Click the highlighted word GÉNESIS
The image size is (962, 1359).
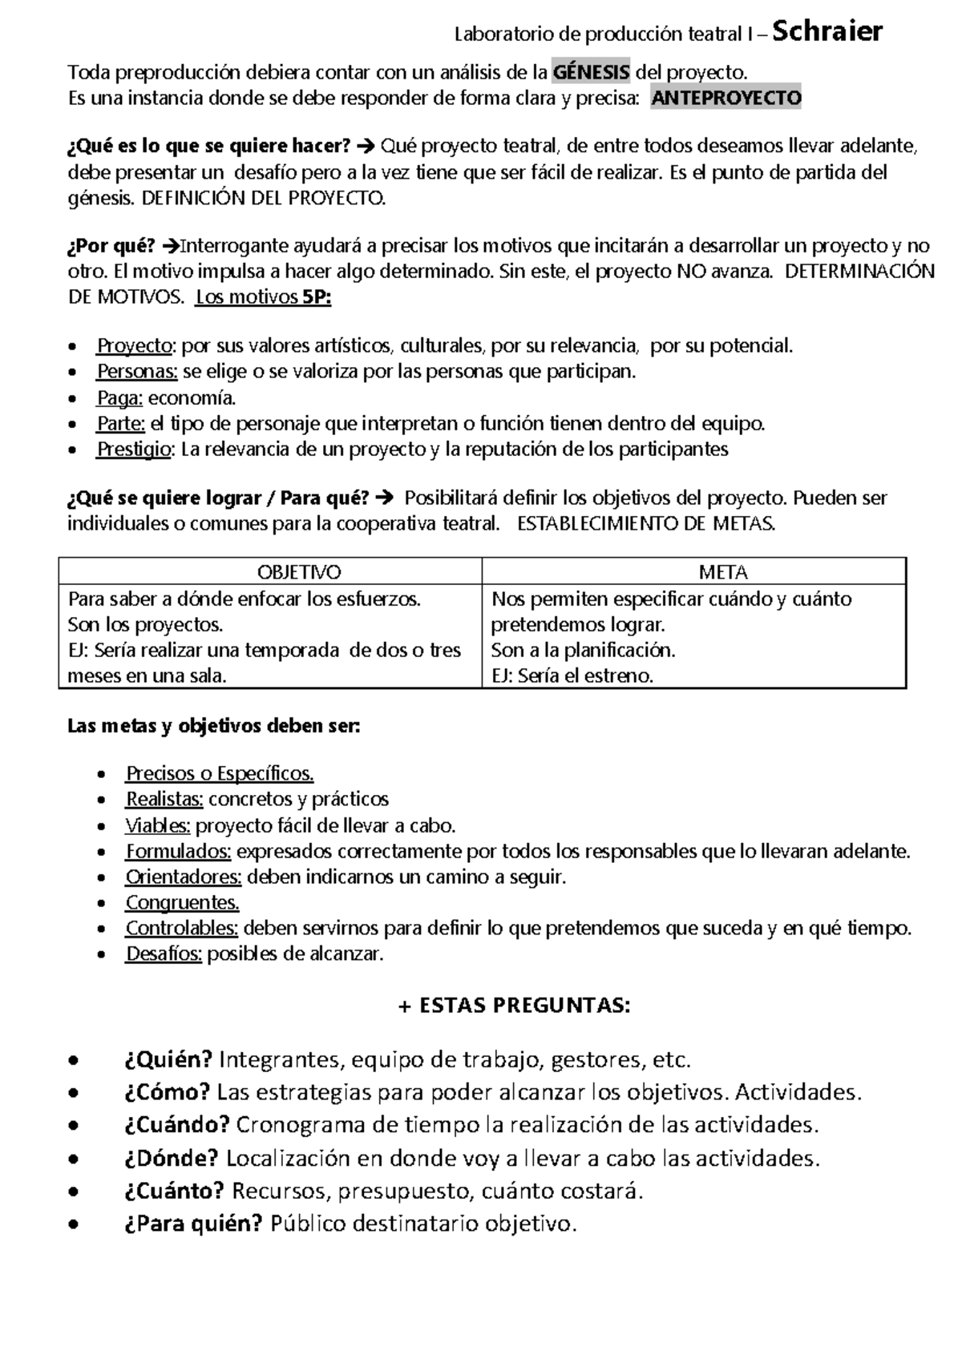(x=592, y=73)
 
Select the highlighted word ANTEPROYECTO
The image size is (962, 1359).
(x=726, y=99)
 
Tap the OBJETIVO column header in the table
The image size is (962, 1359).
(x=298, y=572)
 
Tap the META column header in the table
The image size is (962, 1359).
(x=723, y=572)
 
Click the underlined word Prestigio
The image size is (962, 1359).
(x=135, y=449)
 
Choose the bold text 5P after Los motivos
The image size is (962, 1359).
(x=316, y=297)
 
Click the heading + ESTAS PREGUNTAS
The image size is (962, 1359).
(x=514, y=1006)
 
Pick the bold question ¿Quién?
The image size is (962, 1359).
(x=168, y=1060)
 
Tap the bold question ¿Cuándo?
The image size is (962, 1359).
(x=177, y=1125)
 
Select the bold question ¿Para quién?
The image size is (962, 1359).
(x=193, y=1224)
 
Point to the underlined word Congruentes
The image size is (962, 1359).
(x=182, y=903)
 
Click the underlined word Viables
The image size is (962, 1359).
(x=157, y=825)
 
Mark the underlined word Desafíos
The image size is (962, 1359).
(x=164, y=954)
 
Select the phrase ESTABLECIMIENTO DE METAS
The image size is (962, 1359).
(x=646, y=525)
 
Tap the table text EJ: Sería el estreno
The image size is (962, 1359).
(x=572, y=675)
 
